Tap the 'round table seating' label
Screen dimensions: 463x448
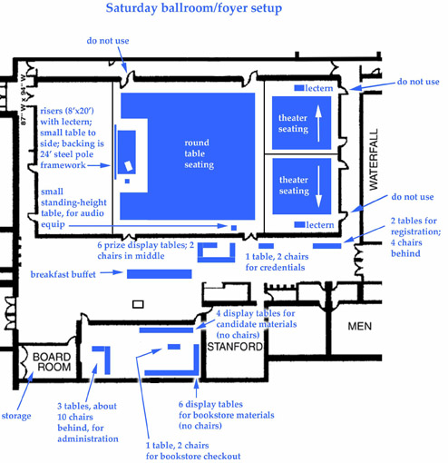click(199, 154)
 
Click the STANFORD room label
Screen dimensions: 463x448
click(235, 347)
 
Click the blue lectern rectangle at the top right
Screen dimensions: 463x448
click(298, 88)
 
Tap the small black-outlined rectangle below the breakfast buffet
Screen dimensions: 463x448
click(139, 303)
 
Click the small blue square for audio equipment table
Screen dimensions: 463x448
click(233, 227)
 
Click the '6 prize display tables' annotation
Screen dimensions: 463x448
click(145, 251)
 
